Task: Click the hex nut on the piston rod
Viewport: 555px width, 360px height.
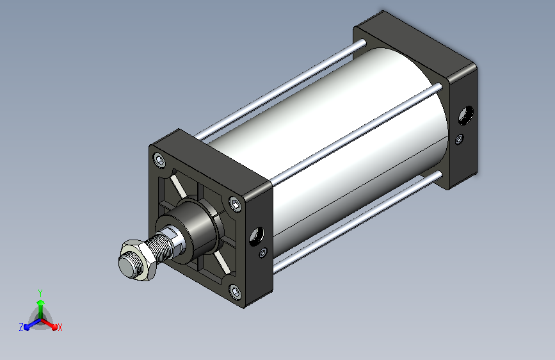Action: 138,261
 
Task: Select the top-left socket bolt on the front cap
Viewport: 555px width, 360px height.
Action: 160,161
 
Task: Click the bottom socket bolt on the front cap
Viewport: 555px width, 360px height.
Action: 236,292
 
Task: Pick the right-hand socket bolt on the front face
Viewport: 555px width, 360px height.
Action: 236,204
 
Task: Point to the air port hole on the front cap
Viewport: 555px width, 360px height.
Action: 257,236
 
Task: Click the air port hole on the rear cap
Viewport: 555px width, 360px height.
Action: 466,115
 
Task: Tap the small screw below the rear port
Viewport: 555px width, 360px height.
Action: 460,139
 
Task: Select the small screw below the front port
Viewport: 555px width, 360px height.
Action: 263,252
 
